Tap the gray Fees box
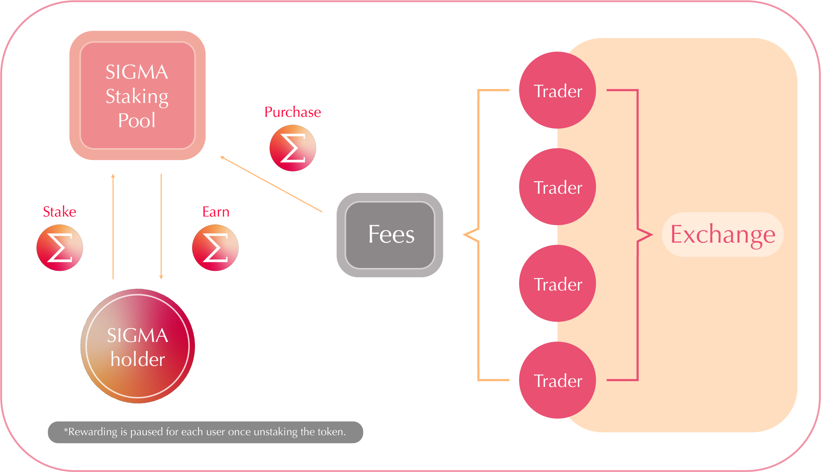click(x=390, y=235)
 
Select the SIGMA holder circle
click(x=138, y=346)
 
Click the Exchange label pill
click(x=722, y=234)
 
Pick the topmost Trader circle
click(x=557, y=90)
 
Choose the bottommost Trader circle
click(x=557, y=380)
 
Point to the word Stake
click(x=60, y=212)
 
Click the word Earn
click(x=216, y=212)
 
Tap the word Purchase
click(x=293, y=112)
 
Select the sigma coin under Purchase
click(x=293, y=148)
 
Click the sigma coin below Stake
click(x=60, y=248)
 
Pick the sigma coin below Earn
click(x=215, y=248)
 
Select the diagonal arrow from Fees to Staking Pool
click(x=271, y=184)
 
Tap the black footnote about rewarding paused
click(x=205, y=432)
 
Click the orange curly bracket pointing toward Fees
click(x=478, y=234)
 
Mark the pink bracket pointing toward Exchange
click(x=638, y=234)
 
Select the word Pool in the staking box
click(x=137, y=120)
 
